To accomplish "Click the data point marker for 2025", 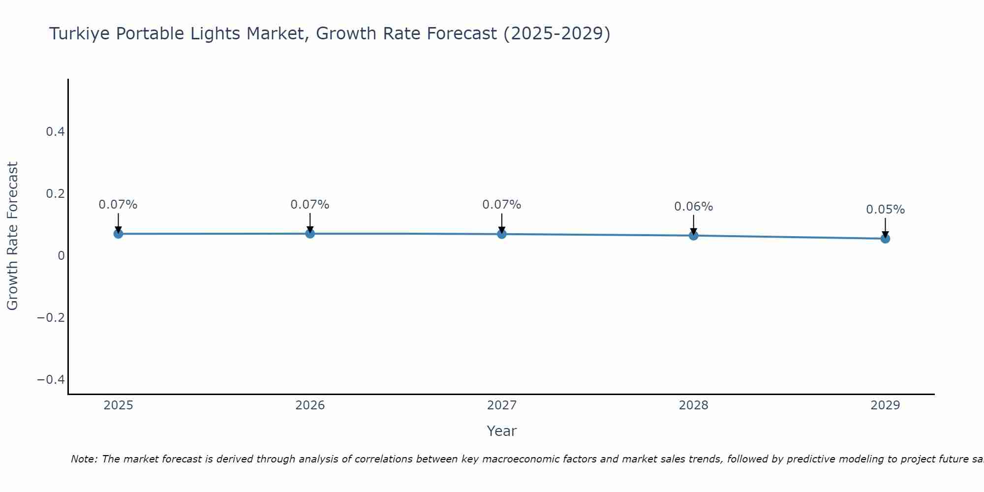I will click(x=118, y=234).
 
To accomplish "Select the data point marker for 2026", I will click(x=310, y=233).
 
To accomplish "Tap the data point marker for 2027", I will click(x=502, y=234).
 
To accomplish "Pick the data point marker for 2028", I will click(x=693, y=236).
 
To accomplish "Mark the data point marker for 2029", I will click(x=885, y=239).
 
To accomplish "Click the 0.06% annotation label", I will click(x=693, y=207).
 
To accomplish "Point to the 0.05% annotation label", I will click(x=885, y=210).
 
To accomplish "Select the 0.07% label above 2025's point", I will click(x=118, y=205).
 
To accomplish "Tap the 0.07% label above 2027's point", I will click(x=501, y=205).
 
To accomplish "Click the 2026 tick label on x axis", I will click(x=310, y=405).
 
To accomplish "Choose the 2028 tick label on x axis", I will click(x=693, y=405).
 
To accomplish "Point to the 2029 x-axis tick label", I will click(x=885, y=405).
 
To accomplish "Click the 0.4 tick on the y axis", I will click(x=55, y=132).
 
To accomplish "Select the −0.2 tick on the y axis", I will click(x=51, y=317).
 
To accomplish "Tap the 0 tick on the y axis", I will click(x=61, y=255).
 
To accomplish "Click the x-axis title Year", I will click(x=501, y=431).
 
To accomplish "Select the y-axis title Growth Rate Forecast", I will click(x=12, y=236).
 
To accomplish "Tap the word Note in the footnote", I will click(x=84, y=459).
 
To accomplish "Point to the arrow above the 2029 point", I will click(x=885, y=227).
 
